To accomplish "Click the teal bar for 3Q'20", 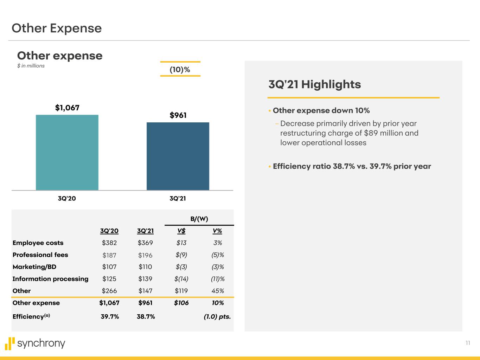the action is [x=67, y=152].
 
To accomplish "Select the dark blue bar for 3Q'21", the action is [x=178, y=156].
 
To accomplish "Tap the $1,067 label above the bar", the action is [x=67, y=108].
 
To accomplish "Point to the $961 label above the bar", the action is [x=178, y=115].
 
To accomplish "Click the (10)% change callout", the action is [x=180, y=70].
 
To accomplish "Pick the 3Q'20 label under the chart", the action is [x=67, y=199].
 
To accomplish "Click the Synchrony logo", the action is [x=35, y=343].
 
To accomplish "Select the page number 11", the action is [x=468, y=343].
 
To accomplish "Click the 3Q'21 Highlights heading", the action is [x=314, y=84].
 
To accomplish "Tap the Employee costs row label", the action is [x=38, y=243].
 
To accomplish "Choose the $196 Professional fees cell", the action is [x=145, y=255].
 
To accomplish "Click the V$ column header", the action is [x=181, y=231].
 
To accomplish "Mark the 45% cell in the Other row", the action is [x=218, y=291].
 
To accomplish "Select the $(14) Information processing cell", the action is [x=181, y=279].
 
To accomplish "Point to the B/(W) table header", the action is [x=199, y=219].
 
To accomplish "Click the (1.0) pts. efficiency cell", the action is [x=217, y=317].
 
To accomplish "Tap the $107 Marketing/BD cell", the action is [x=109, y=267].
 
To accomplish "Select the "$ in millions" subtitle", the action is [x=31, y=66].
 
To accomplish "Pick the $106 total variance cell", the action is [x=181, y=303].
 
